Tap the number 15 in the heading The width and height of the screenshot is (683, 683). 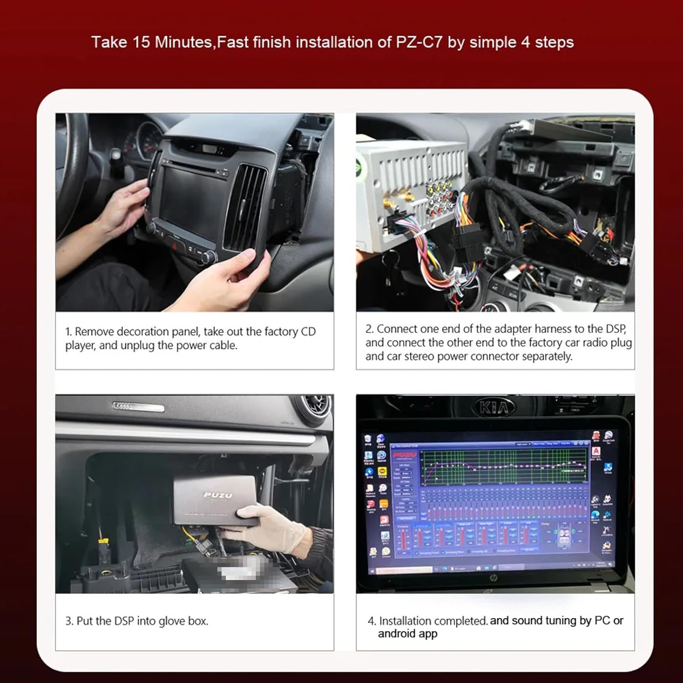click(x=141, y=42)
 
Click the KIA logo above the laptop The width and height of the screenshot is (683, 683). click(x=494, y=407)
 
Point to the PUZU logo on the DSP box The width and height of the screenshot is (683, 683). click(x=218, y=495)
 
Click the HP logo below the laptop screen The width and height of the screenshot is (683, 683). click(x=494, y=578)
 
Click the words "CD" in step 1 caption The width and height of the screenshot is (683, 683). click(x=308, y=331)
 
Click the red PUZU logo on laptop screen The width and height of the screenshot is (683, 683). click(x=404, y=455)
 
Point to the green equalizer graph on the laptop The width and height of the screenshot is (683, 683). click(x=503, y=467)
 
